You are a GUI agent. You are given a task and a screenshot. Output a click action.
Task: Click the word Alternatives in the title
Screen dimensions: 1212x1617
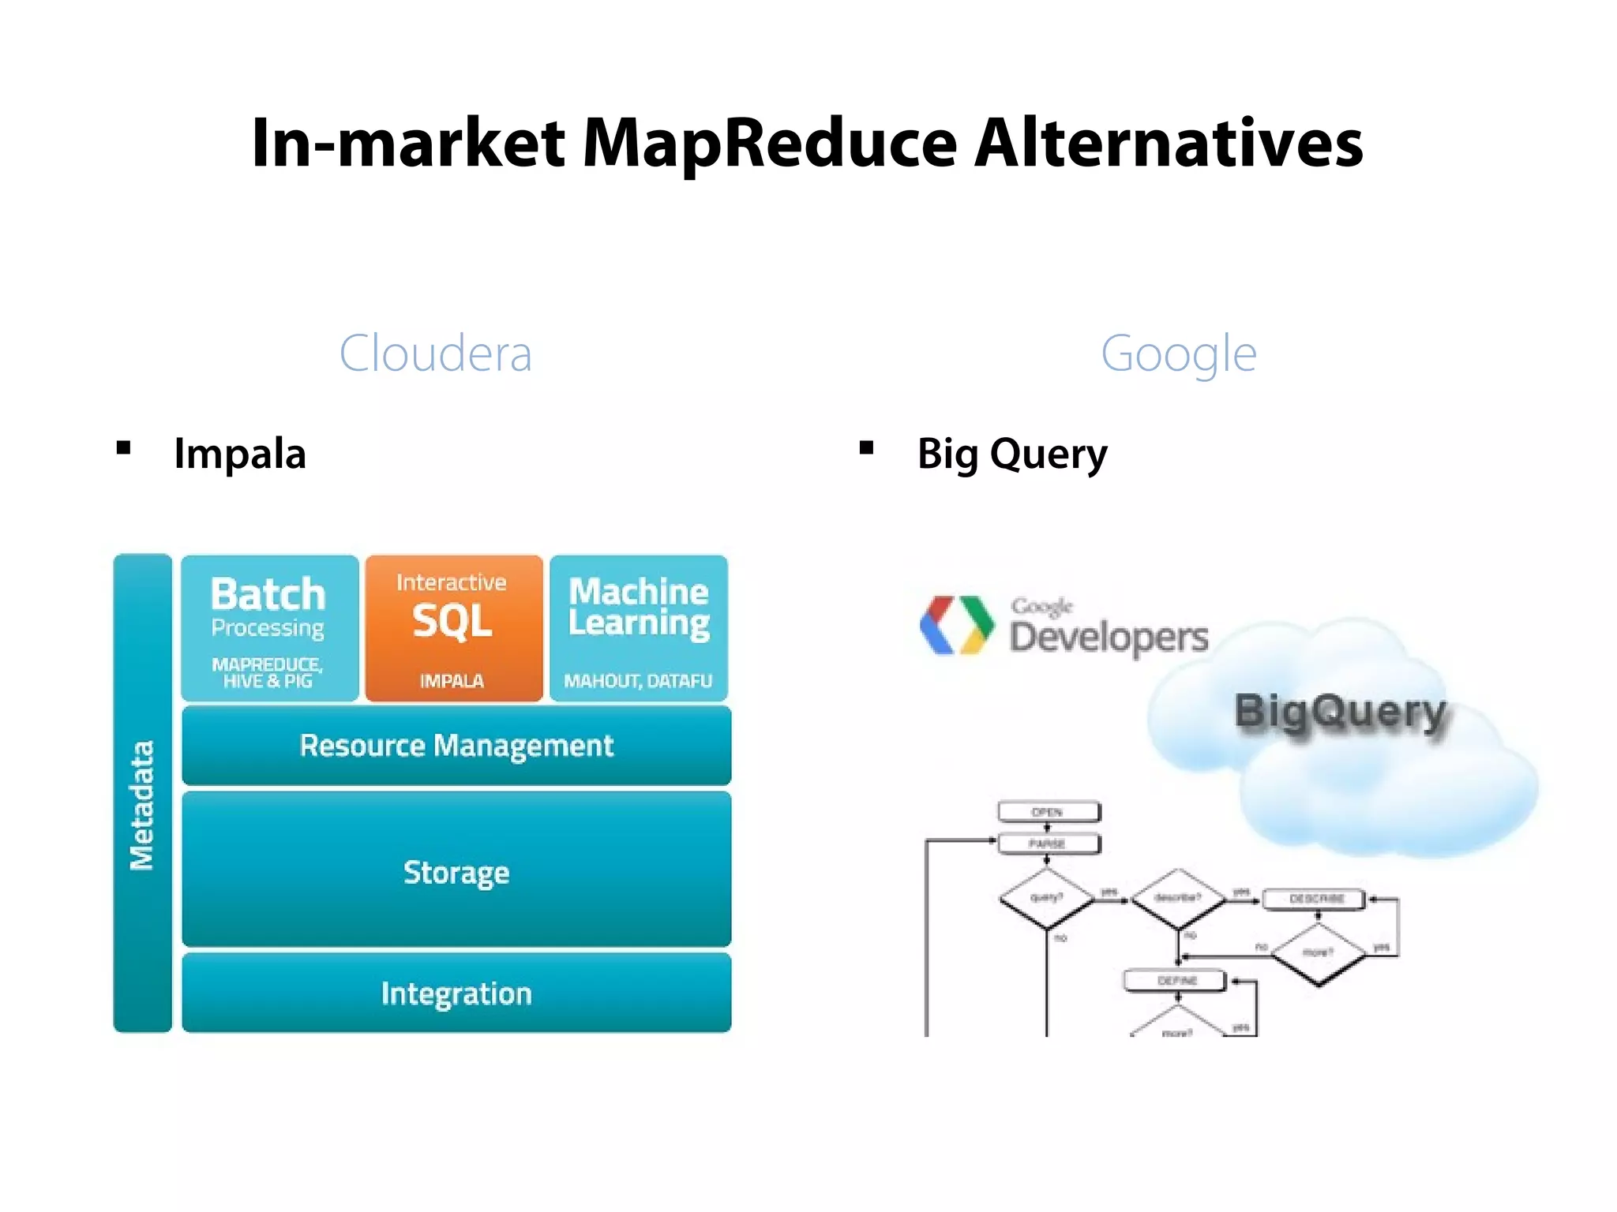point(1169,144)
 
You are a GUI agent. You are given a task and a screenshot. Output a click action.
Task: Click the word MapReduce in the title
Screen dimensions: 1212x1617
point(770,144)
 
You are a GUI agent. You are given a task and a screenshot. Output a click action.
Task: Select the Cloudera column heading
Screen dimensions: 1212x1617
point(435,353)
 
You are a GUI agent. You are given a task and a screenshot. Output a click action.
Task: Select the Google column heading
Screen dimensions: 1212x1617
point(1178,353)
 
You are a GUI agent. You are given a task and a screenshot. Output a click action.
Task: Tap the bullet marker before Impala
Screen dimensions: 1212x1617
point(123,449)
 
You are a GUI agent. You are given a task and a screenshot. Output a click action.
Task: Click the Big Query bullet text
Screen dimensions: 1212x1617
point(1012,454)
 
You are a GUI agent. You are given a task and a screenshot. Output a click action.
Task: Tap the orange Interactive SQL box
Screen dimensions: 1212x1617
point(454,628)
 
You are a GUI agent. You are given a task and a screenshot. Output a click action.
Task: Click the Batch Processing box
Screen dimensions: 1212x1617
point(269,628)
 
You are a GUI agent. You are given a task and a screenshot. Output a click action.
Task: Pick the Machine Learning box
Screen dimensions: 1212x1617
point(639,628)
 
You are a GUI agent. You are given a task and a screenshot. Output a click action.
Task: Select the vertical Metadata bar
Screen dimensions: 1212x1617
point(142,793)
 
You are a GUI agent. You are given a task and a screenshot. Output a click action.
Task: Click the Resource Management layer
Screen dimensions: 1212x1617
point(456,746)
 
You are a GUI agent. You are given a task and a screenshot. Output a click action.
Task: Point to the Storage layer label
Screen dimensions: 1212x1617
point(456,872)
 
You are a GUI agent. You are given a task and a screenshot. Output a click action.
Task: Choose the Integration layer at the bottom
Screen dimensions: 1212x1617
point(456,993)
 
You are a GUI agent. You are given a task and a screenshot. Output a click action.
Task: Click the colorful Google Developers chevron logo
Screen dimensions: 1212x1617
point(956,625)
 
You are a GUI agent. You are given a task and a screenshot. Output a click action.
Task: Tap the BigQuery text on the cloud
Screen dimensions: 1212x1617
point(1340,712)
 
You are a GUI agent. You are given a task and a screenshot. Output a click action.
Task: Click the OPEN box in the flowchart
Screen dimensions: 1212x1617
point(1049,812)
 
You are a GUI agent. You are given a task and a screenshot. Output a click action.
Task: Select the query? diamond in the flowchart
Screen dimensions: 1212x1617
point(1047,898)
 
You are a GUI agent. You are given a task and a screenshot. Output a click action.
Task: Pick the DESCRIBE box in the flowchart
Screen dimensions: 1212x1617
point(1315,899)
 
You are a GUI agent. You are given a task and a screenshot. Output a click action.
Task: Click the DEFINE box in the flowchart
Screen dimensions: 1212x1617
point(1176,981)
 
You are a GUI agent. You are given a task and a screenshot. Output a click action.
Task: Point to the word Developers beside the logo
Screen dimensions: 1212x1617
point(1109,638)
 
